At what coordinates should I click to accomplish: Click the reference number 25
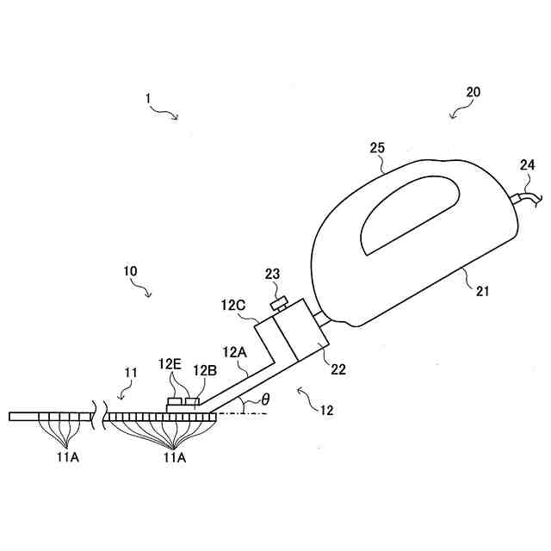click(x=377, y=148)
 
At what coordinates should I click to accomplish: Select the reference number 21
click(x=482, y=291)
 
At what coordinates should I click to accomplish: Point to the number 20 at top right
click(x=473, y=91)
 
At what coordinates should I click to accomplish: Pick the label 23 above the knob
click(x=272, y=275)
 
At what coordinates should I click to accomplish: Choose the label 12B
click(x=205, y=370)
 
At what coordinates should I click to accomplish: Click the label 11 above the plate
click(x=131, y=372)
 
